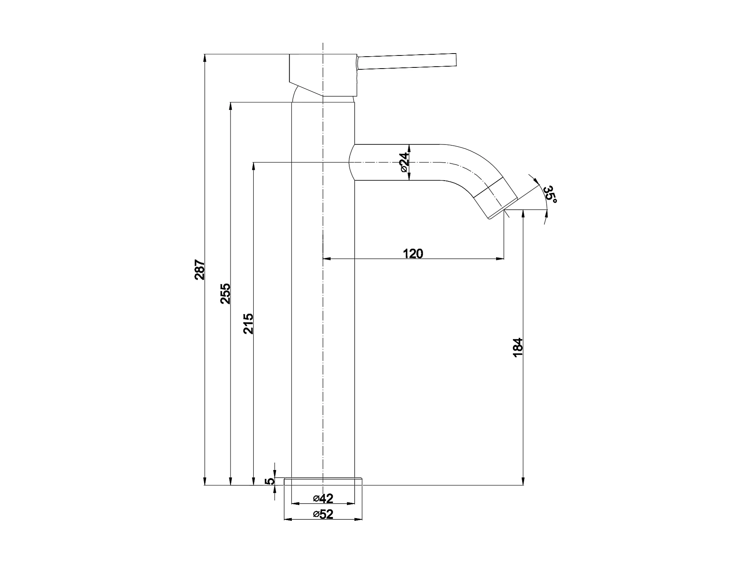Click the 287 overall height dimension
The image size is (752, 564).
199,269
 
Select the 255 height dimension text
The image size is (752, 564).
225,294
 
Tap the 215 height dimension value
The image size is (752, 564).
248,323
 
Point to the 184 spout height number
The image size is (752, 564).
518,347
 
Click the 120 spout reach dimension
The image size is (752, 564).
413,253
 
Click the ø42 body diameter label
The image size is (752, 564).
323,498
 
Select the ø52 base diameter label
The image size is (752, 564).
323,514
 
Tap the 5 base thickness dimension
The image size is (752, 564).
270,481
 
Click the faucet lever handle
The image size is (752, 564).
407,62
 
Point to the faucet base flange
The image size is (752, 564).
323,481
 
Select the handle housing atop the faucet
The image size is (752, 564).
323,75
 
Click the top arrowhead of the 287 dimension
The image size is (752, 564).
205,58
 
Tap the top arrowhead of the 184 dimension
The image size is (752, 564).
523,214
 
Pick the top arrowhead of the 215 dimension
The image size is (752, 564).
253,166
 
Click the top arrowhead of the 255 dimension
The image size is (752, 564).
230,106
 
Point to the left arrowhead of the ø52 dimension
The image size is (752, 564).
288,519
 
